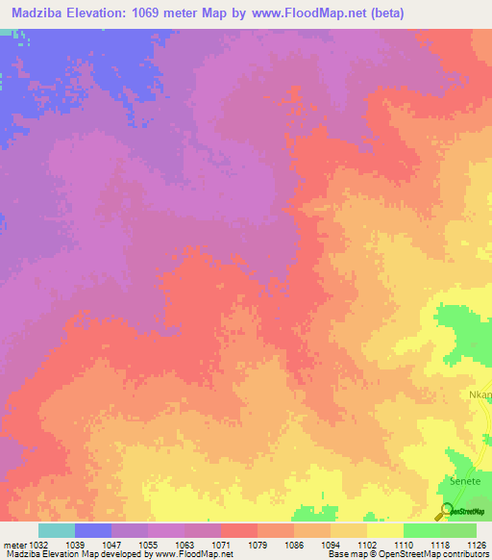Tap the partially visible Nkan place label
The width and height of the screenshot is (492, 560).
tap(480, 395)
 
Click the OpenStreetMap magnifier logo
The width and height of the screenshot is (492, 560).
tap(445, 510)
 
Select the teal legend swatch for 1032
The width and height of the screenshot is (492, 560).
tap(56, 530)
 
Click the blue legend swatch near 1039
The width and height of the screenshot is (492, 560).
tap(92, 530)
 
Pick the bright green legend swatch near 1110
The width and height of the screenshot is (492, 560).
tap(421, 530)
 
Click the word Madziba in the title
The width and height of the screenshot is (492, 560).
tap(38, 13)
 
